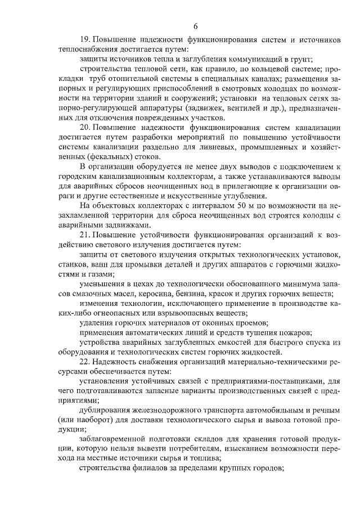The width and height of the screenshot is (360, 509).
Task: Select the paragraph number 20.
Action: [x=85, y=128]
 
